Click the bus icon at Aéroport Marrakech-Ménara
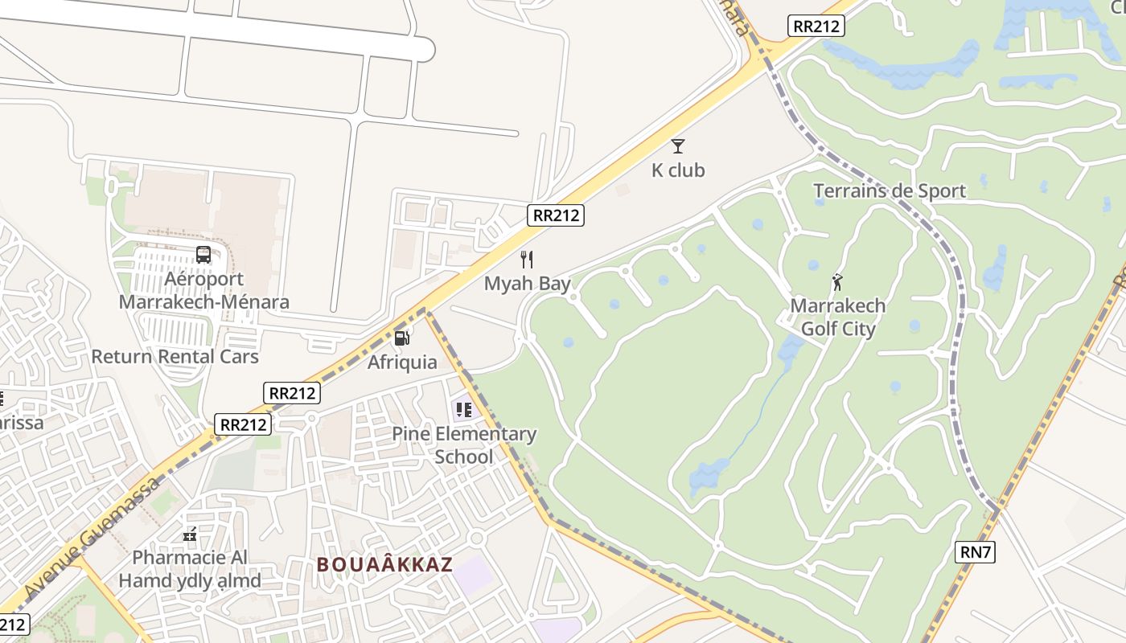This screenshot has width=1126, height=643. [x=203, y=255]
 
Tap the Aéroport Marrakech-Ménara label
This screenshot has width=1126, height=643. [x=203, y=290]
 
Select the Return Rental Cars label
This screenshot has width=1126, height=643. [x=175, y=356]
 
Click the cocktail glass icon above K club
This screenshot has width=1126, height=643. [x=678, y=145]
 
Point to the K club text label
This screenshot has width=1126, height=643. [x=678, y=170]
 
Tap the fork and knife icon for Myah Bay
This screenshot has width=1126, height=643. [x=527, y=259]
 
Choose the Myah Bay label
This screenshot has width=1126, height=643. [x=527, y=283]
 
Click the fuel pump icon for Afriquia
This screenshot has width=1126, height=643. [x=402, y=338]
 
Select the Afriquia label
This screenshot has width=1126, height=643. [x=402, y=362]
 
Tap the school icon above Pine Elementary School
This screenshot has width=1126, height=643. [x=463, y=409]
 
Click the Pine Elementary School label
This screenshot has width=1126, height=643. [x=464, y=445]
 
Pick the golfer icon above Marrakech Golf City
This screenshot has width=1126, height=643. [x=837, y=281]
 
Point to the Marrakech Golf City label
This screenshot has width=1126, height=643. [x=838, y=317]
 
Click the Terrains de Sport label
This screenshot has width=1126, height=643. [x=889, y=190]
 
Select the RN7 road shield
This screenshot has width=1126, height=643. [x=976, y=552]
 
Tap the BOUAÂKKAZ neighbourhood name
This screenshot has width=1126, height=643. [x=384, y=564]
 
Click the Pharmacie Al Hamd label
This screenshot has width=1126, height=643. [x=190, y=568]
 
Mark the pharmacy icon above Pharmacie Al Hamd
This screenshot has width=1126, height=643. [x=190, y=534]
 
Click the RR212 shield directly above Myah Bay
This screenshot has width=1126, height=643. [x=556, y=215]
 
